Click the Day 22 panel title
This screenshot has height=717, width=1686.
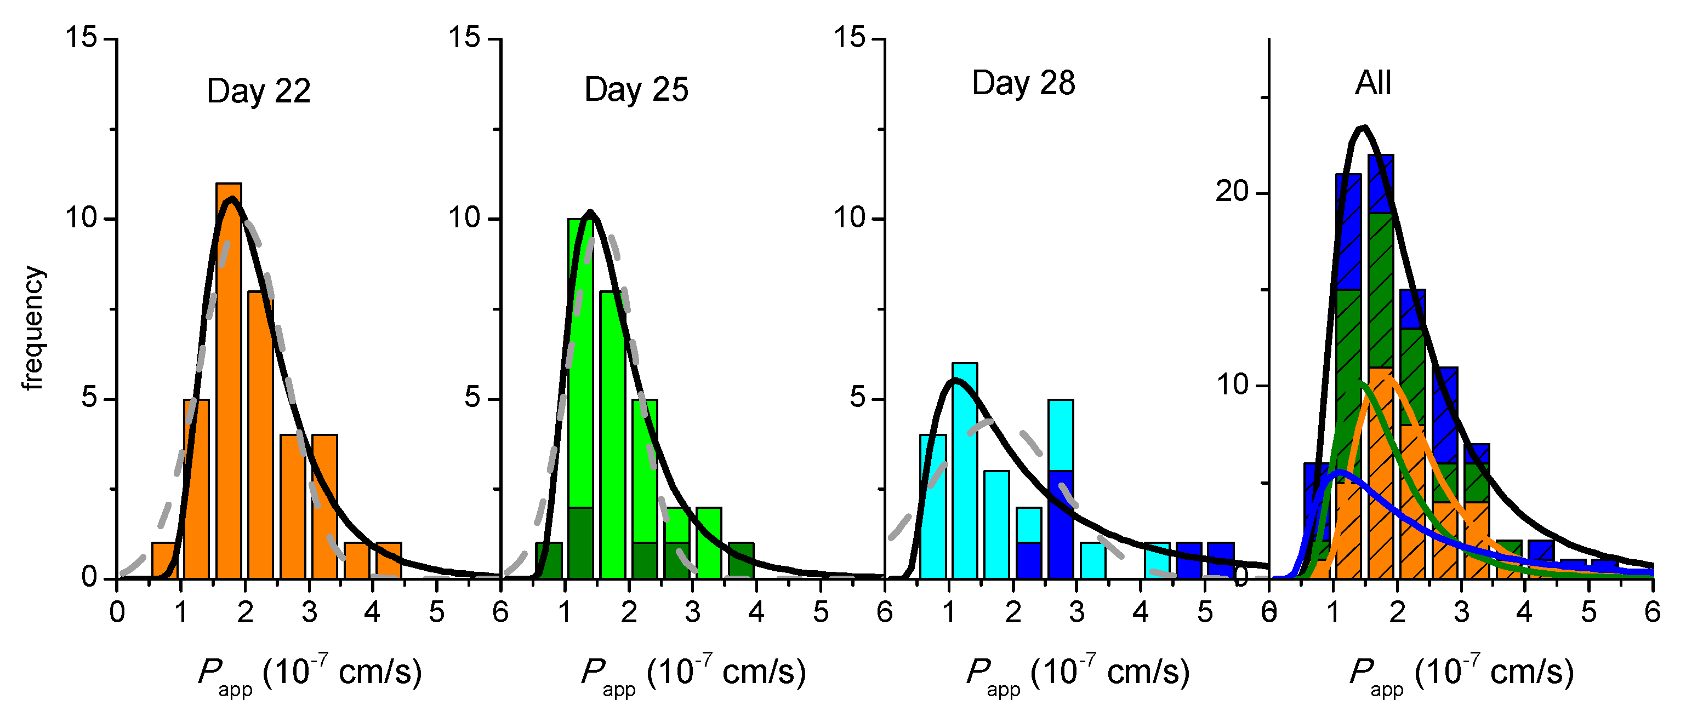(x=259, y=91)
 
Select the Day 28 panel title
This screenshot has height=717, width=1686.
(x=1023, y=83)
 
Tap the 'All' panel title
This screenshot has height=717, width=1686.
(x=1372, y=83)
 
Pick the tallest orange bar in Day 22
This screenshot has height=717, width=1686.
(x=229, y=380)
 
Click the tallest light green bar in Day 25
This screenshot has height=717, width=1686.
(x=580, y=360)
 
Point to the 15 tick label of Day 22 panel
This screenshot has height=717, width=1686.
(x=81, y=37)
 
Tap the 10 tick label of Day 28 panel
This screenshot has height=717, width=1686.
(x=850, y=217)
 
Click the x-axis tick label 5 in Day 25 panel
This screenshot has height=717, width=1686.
(x=820, y=612)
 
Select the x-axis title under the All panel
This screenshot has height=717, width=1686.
(x=1461, y=674)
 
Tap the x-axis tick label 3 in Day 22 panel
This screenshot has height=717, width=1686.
(x=309, y=612)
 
